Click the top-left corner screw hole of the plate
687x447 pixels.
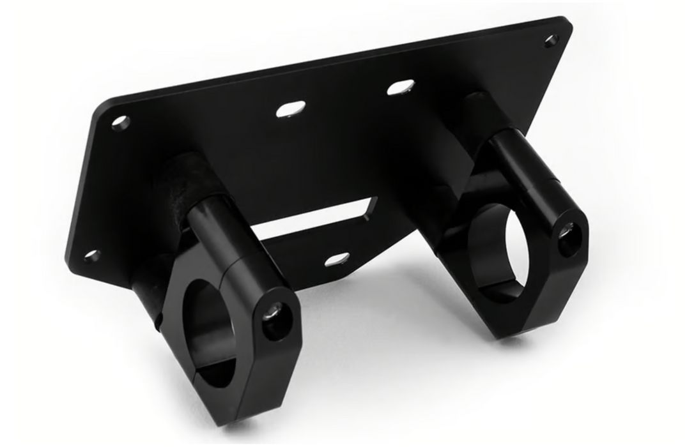[x=120, y=123]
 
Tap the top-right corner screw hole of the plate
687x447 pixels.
[x=552, y=41]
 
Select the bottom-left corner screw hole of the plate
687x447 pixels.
[x=92, y=256]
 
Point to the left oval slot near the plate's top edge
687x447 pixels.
[x=288, y=110]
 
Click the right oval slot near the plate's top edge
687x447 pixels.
[x=400, y=87]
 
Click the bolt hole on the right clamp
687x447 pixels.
[x=566, y=233]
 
